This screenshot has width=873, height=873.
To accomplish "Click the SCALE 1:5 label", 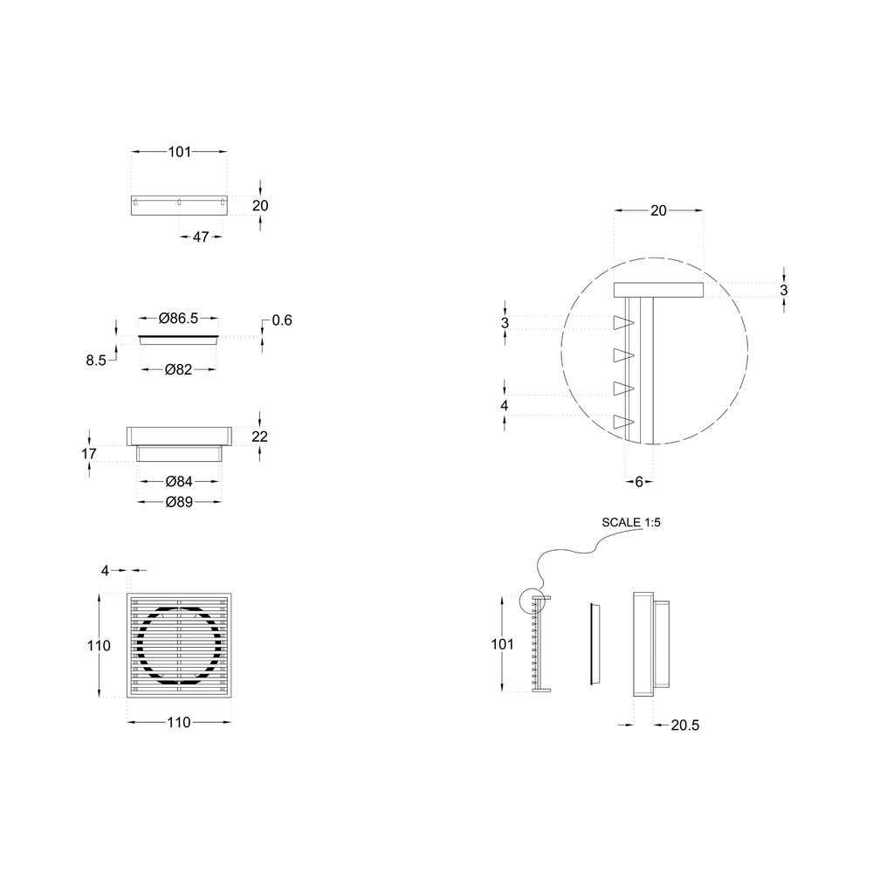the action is (x=631, y=522).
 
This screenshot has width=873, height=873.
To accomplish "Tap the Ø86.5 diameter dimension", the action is (x=178, y=318).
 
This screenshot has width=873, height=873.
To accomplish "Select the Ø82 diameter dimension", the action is (x=178, y=369).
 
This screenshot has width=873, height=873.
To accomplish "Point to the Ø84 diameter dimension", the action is (x=179, y=481).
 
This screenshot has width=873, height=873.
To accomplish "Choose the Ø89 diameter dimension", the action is (x=179, y=502).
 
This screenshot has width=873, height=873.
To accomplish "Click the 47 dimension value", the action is (x=201, y=237).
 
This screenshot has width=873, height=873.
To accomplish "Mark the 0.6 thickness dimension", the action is (x=282, y=320).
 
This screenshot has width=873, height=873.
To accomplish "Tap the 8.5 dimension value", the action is (x=96, y=361).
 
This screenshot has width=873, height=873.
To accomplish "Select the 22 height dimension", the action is (x=259, y=436).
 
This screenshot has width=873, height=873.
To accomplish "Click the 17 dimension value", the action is (x=88, y=454).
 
